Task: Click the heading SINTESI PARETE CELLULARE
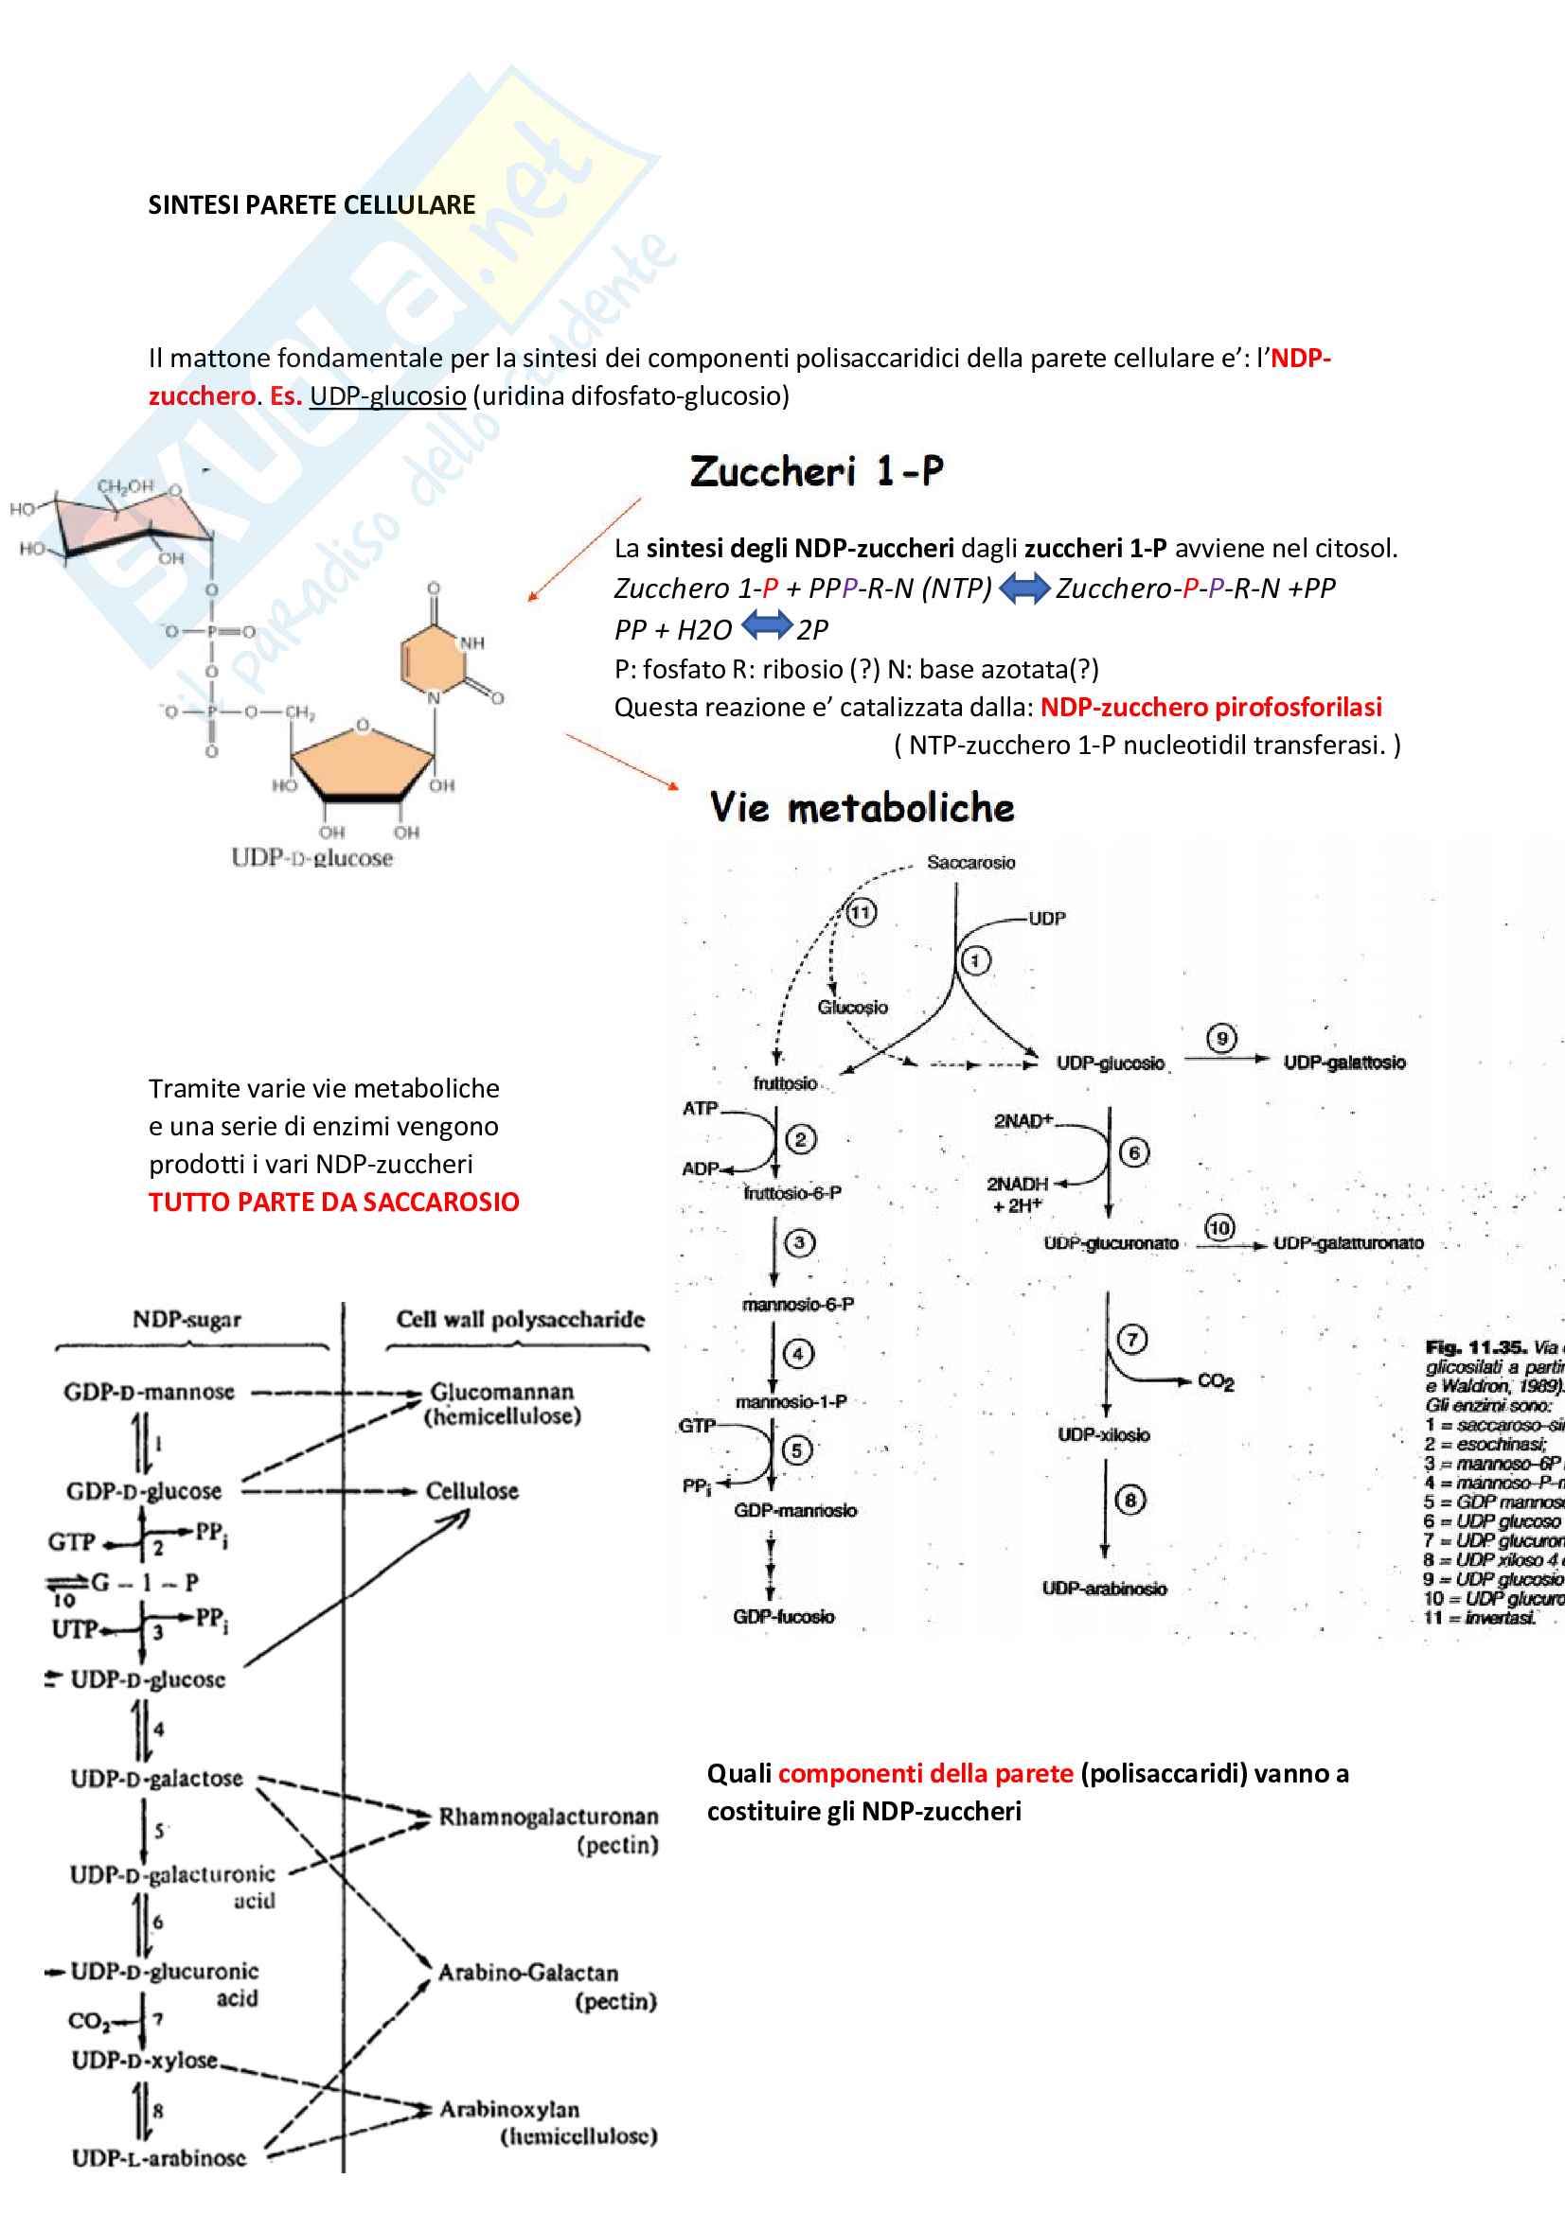pyautogui.click(x=311, y=205)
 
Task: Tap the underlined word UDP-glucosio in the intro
pyautogui.click(x=387, y=396)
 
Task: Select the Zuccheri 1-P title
pyautogui.click(x=816, y=471)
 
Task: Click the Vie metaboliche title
pyautogui.click(x=863, y=808)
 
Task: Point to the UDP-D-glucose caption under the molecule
pyautogui.click(x=311, y=858)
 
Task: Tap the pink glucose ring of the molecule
pyautogui.click(x=133, y=525)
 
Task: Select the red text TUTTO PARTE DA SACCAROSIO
pyautogui.click(x=333, y=1202)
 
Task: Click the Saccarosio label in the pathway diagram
pyautogui.click(x=970, y=863)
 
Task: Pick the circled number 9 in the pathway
pyautogui.click(x=1221, y=1038)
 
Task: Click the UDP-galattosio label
pyautogui.click(x=1344, y=1063)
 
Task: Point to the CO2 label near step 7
pyautogui.click(x=1215, y=1382)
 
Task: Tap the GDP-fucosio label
pyautogui.click(x=783, y=1616)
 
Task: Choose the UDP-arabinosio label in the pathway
pyautogui.click(x=1103, y=1589)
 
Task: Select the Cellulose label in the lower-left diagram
pyautogui.click(x=471, y=1491)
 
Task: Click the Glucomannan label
pyautogui.click(x=502, y=1392)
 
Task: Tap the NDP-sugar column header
pyautogui.click(x=187, y=1320)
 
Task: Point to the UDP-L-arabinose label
pyautogui.click(x=159, y=2158)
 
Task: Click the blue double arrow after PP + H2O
pyautogui.click(x=767, y=627)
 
